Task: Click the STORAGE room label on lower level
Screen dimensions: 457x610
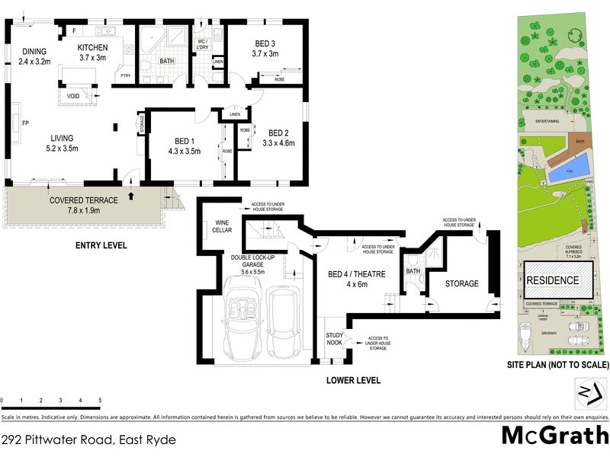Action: pyautogui.click(x=462, y=283)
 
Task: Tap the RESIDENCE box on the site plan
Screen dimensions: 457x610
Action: pyautogui.click(x=554, y=280)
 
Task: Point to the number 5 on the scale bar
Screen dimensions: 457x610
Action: pyautogui.click(x=100, y=400)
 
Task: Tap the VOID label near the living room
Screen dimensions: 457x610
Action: pyautogui.click(x=73, y=97)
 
